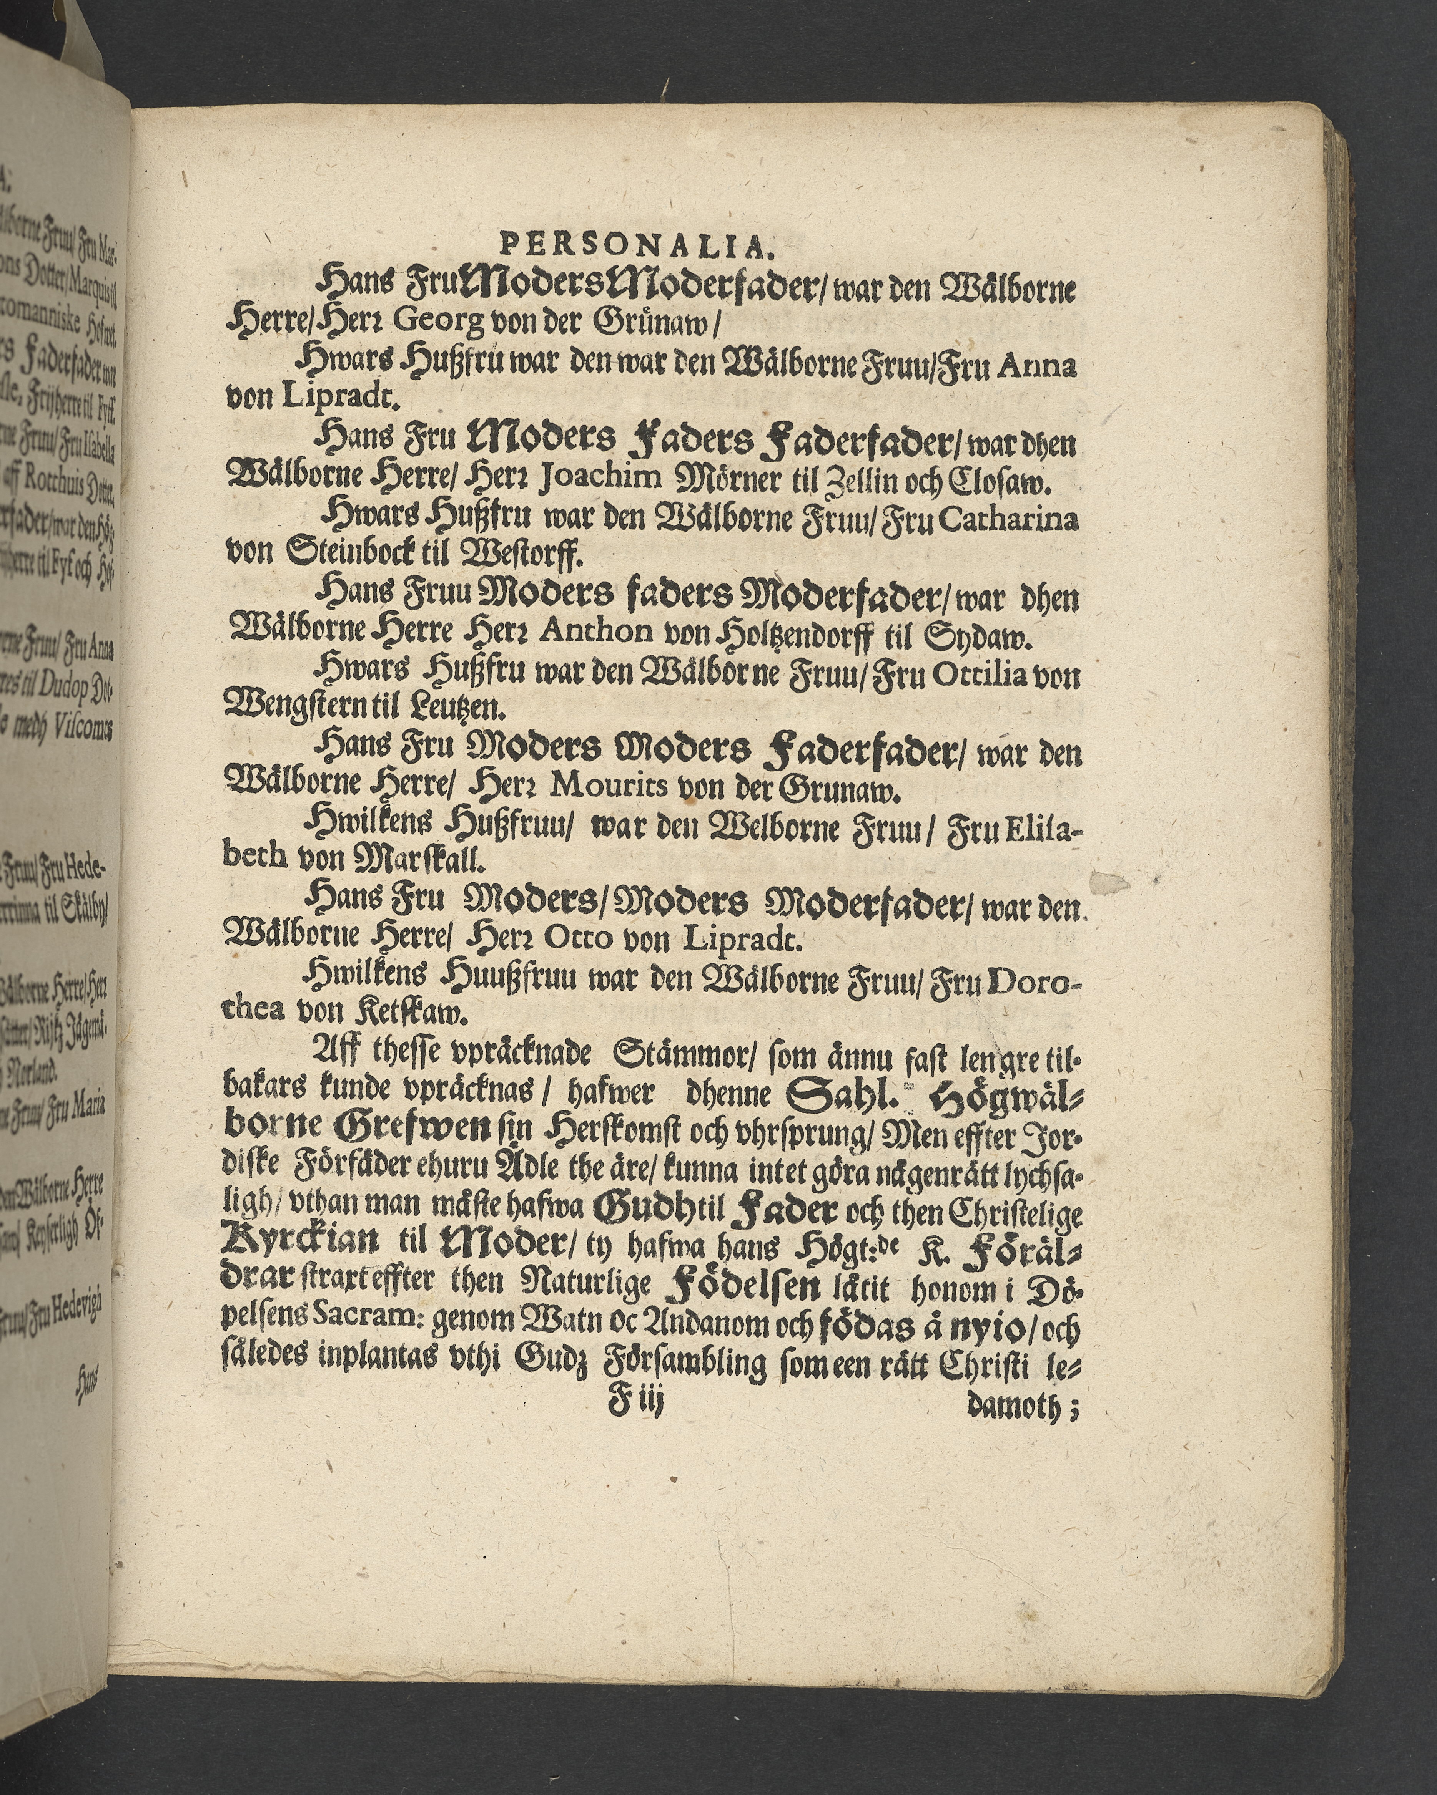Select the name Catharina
point(1025,521)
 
